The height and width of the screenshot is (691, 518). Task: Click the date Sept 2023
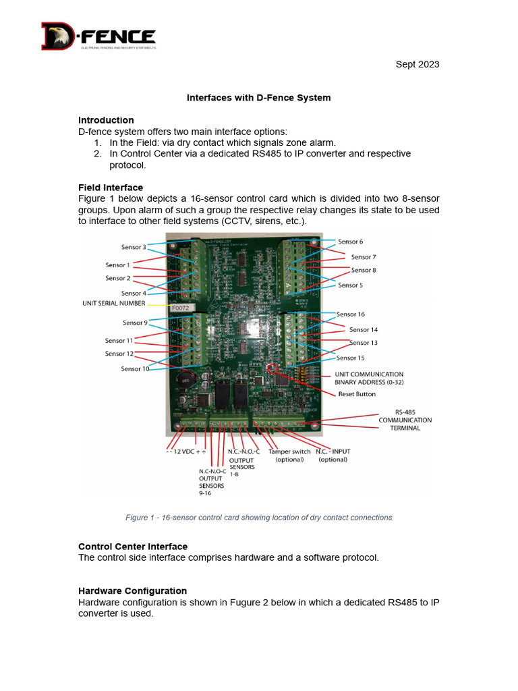point(417,64)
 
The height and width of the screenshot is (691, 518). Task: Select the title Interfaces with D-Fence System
point(258,98)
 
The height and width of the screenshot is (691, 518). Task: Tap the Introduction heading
point(106,120)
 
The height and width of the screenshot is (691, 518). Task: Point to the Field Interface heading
point(110,187)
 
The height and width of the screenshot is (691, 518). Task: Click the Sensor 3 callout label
point(134,247)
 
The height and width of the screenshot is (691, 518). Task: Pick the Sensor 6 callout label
point(350,242)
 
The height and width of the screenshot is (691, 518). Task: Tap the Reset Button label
point(357,394)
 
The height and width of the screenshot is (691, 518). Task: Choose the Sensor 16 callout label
point(351,314)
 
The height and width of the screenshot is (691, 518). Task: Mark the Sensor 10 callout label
point(135,369)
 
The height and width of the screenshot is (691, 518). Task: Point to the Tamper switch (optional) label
point(289,455)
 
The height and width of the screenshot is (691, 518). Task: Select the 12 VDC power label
point(185,451)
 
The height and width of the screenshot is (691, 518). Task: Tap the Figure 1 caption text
point(258,518)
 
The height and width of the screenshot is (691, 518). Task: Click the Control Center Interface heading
point(133,546)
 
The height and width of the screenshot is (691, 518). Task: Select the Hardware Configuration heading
point(132,590)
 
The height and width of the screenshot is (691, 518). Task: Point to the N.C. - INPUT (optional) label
point(333,455)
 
